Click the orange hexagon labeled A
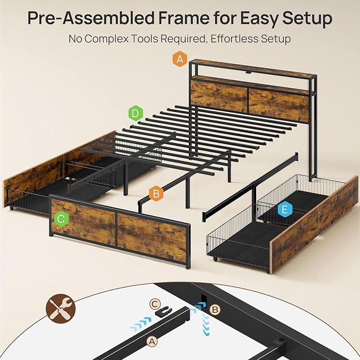click(180, 59)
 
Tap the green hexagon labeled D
click(135, 113)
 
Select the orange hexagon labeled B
click(156, 194)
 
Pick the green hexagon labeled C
click(62, 219)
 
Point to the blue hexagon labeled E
click(285, 209)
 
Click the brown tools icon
click(60, 309)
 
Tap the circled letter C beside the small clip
click(154, 304)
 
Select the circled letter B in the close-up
click(215, 310)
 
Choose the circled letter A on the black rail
click(152, 341)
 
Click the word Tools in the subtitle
click(144, 39)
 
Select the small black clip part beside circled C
click(164, 311)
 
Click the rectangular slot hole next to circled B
click(204, 298)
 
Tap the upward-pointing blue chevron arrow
click(206, 324)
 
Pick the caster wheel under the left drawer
click(11, 208)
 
